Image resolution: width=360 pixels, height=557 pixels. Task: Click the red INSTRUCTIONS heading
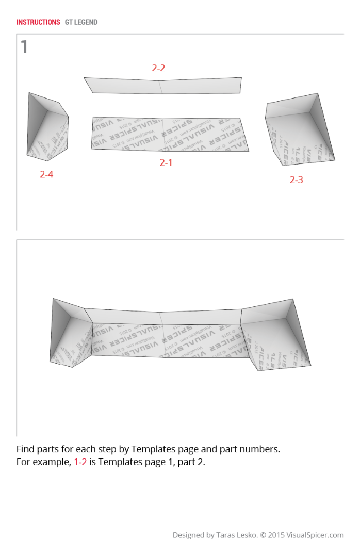[x=38, y=22]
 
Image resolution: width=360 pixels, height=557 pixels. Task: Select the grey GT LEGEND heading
[x=81, y=22]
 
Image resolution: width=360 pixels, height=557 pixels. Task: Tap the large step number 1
[x=24, y=47]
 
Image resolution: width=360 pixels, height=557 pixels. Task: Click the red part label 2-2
[x=158, y=68]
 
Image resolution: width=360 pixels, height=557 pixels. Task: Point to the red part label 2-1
[x=166, y=162]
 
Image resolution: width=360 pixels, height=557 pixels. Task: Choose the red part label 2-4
[x=46, y=174]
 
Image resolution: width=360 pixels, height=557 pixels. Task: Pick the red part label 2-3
[x=296, y=179]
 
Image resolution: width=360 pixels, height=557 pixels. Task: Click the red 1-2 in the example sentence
[x=80, y=462]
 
